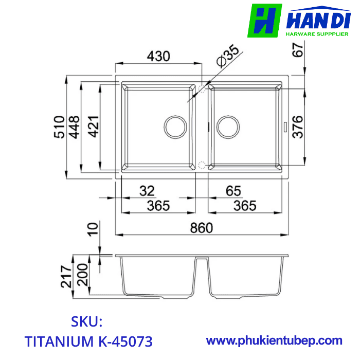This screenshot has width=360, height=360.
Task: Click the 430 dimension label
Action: coord(158,56)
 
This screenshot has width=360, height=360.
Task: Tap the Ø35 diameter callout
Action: coord(227,56)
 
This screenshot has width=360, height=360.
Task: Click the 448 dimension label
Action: coord(75,126)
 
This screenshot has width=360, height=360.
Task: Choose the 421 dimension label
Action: coord(93,126)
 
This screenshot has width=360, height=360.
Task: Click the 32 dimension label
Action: coord(147,191)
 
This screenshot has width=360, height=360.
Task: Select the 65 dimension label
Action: coord(233,191)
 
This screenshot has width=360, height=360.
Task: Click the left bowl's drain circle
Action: coord(175,126)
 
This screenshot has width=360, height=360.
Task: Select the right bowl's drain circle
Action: coord(228,126)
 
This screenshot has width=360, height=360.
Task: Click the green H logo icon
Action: coord(264,21)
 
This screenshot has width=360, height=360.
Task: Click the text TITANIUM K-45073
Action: coord(88,341)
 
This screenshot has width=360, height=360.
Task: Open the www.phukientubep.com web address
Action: coord(274,340)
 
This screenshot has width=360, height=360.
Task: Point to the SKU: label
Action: coord(87,322)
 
